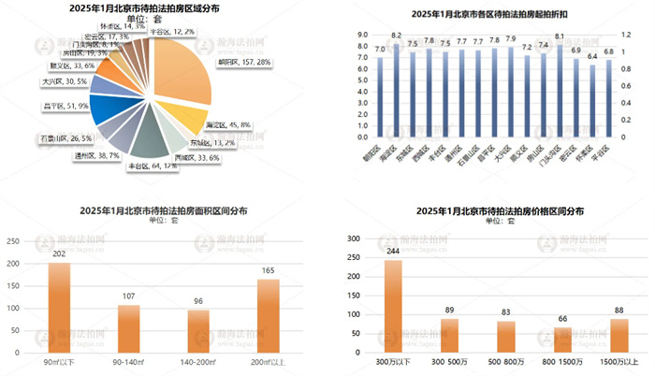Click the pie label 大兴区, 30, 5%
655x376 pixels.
65,82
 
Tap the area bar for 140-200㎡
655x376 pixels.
197,328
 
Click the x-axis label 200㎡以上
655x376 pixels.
268,361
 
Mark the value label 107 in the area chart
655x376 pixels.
128,296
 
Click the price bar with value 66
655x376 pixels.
563,338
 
